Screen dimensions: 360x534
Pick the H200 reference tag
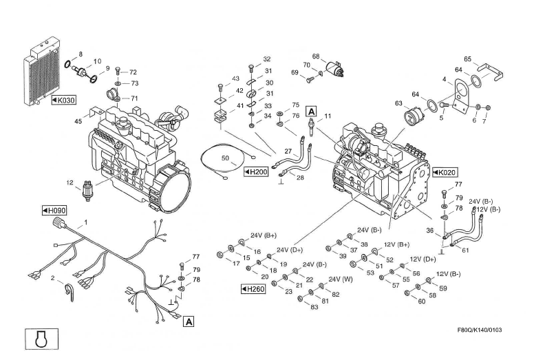click(x=256, y=171)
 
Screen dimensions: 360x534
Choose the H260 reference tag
click(x=253, y=289)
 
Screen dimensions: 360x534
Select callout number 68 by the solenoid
click(x=316, y=56)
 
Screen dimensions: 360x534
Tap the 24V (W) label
click(x=341, y=279)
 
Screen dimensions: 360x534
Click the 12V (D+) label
click(x=423, y=259)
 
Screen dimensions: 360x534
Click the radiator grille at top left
click(x=39, y=72)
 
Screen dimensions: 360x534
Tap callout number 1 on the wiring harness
click(x=86, y=222)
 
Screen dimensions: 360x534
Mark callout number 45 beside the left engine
click(x=78, y=121)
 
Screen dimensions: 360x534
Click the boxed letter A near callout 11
click(x=311, y=111)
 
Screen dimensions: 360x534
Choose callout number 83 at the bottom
click(x=314, y=307)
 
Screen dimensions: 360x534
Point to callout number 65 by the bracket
click(x=467, y=59)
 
